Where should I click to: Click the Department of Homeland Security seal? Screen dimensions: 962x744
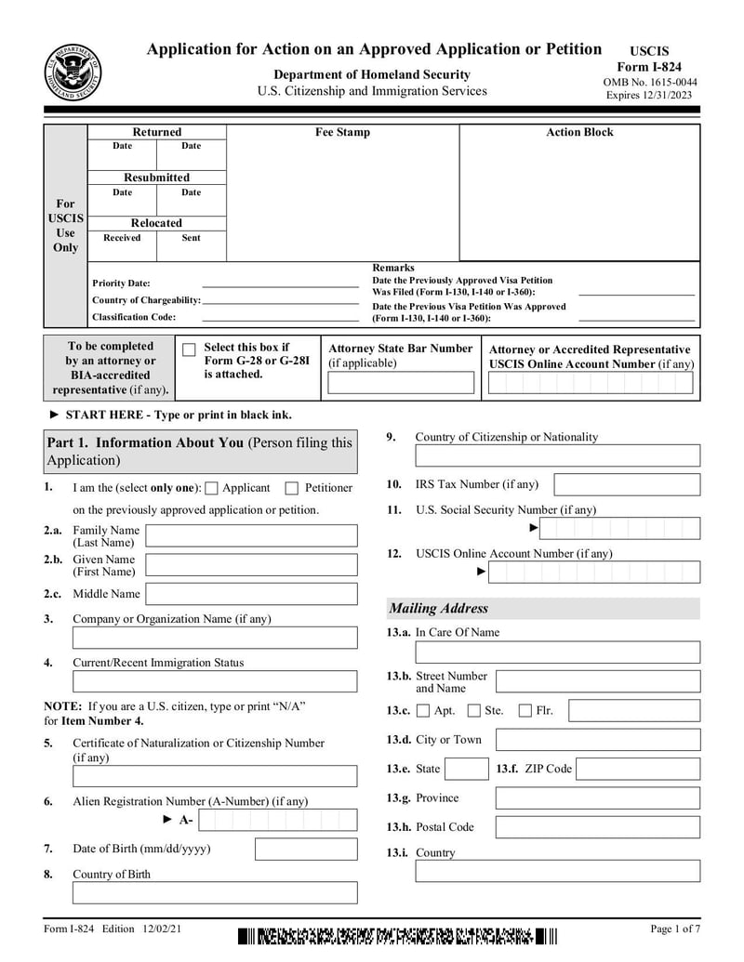pos(73,72)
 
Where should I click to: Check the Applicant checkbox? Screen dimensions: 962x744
pos(211,489)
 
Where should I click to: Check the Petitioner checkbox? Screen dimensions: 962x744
pos(292,489)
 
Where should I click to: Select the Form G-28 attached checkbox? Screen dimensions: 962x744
pos(189,350)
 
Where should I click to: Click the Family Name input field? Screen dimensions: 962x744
pos(251,535)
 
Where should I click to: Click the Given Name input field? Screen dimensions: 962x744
pos(251,565)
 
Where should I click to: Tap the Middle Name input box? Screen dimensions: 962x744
pos(251,594)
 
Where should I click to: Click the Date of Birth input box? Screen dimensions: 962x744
pos(305,850)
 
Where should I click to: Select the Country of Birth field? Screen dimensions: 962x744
pos(215,893)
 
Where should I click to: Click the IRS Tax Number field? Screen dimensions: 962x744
pos(626,484)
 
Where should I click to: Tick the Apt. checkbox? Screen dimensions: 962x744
pos(423,711)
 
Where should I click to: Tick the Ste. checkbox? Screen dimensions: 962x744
pos(473,711)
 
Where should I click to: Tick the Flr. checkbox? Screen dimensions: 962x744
pos(525,711)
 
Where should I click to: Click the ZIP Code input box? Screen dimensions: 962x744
pos(638,769)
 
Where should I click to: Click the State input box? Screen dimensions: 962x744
pos(466,769)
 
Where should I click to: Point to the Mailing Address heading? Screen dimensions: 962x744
pos(438,609)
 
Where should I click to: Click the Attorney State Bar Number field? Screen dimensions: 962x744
pos(401,383)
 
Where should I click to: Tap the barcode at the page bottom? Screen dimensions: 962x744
pos(396,936)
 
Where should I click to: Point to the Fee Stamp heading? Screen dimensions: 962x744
pos(342,132)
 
